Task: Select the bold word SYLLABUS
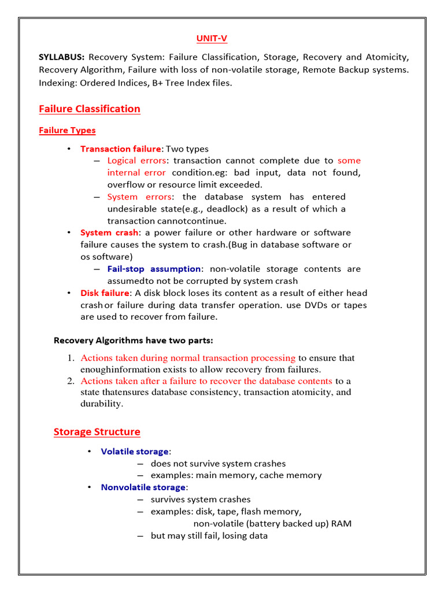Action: [x=61, y=57]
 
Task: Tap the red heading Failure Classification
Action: [x=89, y=109]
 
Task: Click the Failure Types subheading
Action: [x=67, y=131]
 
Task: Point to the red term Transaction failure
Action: [x=120, y=149]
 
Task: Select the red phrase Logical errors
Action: [x=137, y=161]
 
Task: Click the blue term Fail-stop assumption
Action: [x=154, y=269]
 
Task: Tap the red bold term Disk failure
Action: [x=105, y=293]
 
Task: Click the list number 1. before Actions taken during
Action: [x=71, y=358]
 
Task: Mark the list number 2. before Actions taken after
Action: [x=71, y=381]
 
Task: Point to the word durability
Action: [x=101, y=404]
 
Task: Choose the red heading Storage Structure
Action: [x=97, y=432]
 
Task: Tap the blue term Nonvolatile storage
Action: [x=143, y=487]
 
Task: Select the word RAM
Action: [x=341, y=524]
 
